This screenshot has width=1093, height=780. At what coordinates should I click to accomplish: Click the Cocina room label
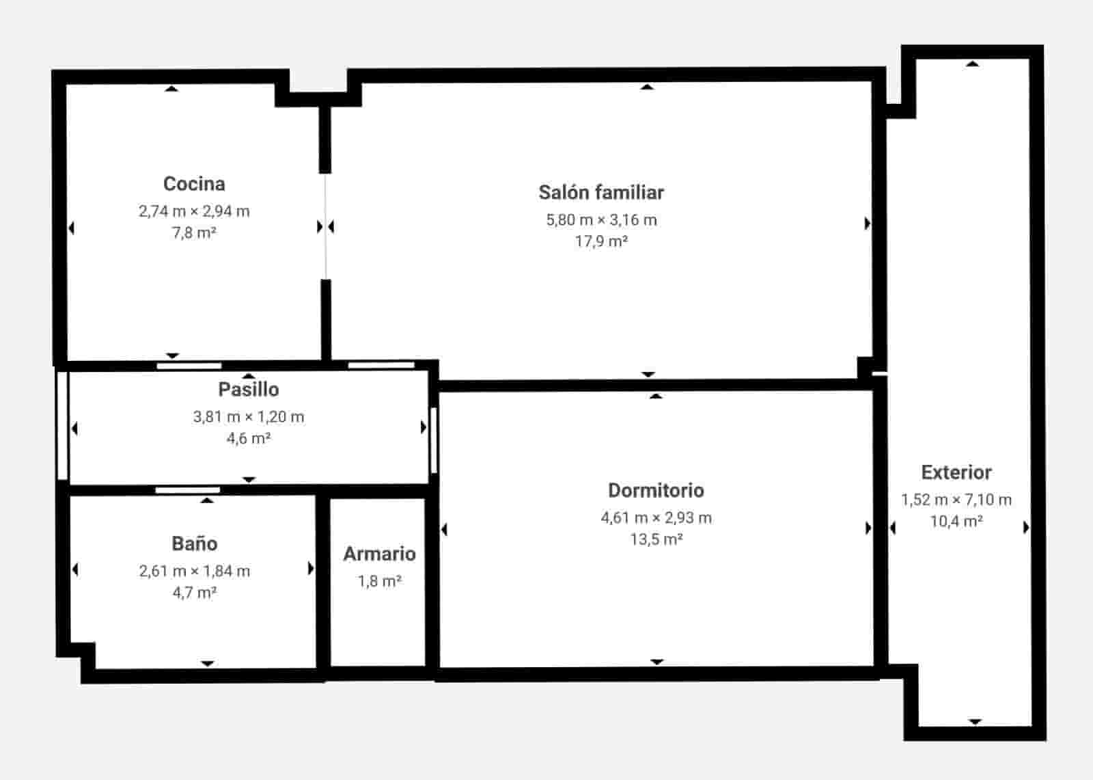(x=194, y=184)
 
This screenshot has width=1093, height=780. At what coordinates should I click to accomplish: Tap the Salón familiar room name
(x=601, y=193)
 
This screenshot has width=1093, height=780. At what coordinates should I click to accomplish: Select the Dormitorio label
(x=656, y=491)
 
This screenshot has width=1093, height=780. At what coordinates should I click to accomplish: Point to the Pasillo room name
(x=249, y=390)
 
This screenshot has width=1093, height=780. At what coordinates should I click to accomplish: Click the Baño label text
(x=195, y=544)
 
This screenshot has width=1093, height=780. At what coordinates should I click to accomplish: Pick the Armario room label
(x=379, y=554)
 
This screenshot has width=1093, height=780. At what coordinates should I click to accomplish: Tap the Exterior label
(x=956, y=472)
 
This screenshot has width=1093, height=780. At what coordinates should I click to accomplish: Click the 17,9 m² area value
(x=601, y=241)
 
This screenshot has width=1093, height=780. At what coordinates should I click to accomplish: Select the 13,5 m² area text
(x=656, y=539)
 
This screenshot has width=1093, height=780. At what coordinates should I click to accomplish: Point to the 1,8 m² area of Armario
(x=379, y=582)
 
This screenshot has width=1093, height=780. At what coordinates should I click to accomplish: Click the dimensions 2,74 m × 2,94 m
(x=194, y=211)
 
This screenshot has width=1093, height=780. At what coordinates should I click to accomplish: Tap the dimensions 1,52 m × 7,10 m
(x=956, y=500)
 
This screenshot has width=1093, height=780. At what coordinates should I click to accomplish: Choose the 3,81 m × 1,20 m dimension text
(x=249, y=417)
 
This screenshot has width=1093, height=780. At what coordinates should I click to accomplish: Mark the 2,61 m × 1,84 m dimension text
(x=195, y=571)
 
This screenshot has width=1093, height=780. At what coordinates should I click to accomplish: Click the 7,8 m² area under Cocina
(x=194, y=233)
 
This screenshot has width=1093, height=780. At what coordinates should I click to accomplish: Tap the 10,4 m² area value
(x=956, y=522)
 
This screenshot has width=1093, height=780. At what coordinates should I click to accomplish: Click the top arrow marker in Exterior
(x=973, y=64)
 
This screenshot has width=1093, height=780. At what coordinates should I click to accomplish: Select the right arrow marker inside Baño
(x=311, y=569)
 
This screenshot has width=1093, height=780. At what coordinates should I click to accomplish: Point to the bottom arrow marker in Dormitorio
(x=656, y=662)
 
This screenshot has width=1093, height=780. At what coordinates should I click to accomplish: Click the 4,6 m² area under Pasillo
(x=249, y=438)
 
